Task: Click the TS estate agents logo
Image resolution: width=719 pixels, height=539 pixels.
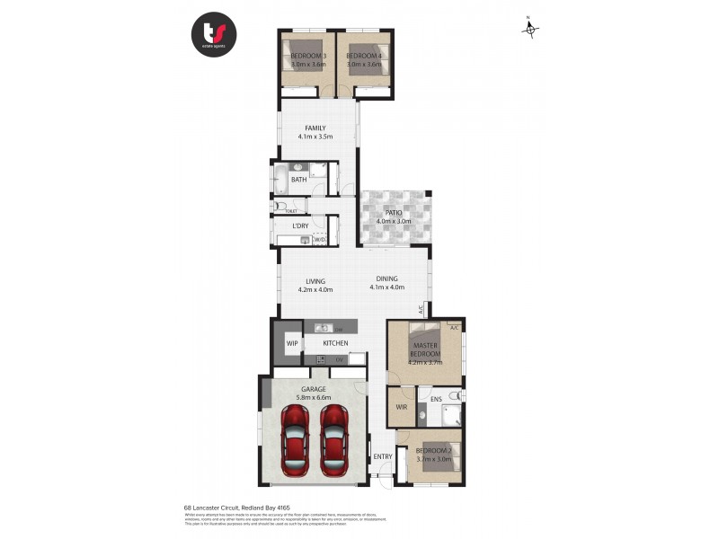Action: [214, 35]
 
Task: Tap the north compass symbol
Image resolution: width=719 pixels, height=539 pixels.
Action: [531, 30]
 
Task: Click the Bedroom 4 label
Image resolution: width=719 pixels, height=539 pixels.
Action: [364, 57]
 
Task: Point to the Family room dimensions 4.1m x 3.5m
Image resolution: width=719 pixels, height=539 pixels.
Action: [315, 137]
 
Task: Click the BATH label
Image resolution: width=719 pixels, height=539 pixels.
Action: [298, 180]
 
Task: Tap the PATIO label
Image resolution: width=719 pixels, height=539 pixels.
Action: [393, 213]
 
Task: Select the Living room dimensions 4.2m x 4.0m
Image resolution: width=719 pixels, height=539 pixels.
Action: [315, 290]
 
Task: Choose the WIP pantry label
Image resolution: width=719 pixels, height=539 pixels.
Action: [292, 343]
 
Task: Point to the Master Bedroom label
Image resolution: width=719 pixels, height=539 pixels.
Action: [424, 350]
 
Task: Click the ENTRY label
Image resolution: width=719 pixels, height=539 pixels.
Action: [383, 457]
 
